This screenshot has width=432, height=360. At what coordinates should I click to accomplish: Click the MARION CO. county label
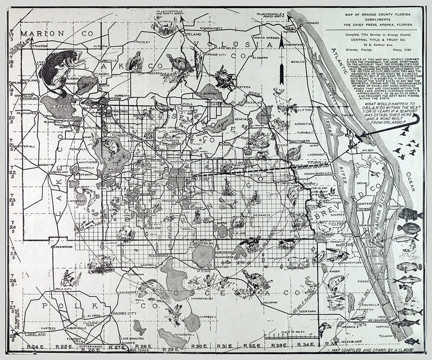[56, 34]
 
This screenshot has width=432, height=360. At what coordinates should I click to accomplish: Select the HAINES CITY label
[124, 314]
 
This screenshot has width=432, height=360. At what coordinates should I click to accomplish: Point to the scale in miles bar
[288, 337]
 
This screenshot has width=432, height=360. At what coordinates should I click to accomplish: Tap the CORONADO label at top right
[310, 23]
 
